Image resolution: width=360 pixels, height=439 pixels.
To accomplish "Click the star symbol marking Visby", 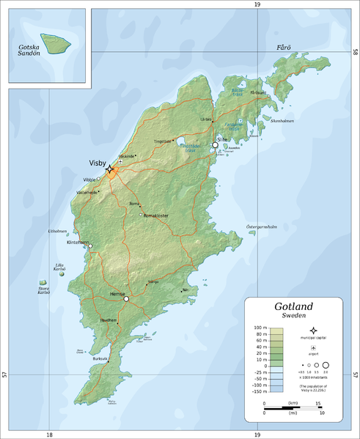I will (109, 169).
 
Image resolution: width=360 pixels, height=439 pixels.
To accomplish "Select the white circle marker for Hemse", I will (126, 299).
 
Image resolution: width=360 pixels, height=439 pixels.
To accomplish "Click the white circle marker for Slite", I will (215, 145).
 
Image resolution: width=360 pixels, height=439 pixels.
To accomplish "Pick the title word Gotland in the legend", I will (294, 306).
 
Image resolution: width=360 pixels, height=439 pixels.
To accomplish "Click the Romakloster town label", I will (156, 215).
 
